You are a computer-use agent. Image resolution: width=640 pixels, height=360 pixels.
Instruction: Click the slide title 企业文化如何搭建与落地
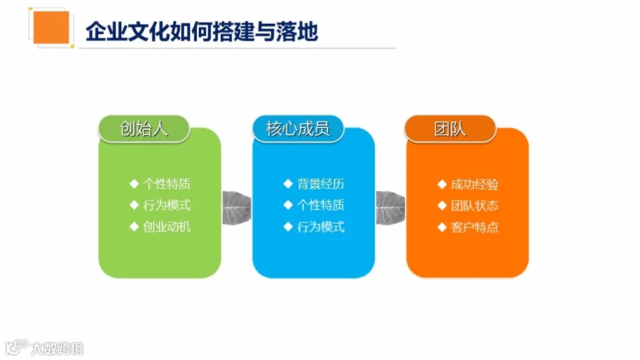(x=201, y=31)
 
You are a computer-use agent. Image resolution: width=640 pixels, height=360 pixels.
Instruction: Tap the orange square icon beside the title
(x=51, y=27)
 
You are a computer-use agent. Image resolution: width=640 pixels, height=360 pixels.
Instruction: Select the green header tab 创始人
(x=144, y=129)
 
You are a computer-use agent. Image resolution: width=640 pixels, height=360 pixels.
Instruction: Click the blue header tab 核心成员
(x=297, y=129)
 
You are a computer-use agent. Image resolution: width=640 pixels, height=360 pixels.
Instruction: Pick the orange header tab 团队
(x=450, y=129)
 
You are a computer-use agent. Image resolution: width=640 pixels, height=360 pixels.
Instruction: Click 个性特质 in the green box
(x=167, y=184)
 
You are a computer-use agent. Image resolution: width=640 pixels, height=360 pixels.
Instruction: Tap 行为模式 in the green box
(x=167, y=205)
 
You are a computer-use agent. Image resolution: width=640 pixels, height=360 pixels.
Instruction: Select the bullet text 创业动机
(x=167, y=226)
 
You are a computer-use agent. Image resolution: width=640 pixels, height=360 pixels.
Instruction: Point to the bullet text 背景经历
(x=321, y=184)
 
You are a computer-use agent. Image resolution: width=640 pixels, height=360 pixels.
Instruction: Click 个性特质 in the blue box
(x=321, y=205)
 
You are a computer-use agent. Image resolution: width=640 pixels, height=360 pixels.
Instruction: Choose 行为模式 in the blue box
(x=321, y=226)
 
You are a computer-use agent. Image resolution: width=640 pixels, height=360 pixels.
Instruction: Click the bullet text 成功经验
(x=474, y=184)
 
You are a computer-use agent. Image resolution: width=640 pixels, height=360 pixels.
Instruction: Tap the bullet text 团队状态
(x=474, y=206)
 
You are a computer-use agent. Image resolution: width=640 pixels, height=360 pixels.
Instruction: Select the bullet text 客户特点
(x=474, y=227)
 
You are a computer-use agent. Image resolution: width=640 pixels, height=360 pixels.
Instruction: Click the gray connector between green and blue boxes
(x=237, y=203)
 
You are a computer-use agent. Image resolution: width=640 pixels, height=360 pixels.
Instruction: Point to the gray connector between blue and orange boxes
(x=391, y=203)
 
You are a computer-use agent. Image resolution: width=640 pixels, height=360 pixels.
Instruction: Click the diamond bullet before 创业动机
(x=134, y=226)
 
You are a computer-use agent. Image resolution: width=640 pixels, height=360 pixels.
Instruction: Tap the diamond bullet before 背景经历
(x=287, y=184)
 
